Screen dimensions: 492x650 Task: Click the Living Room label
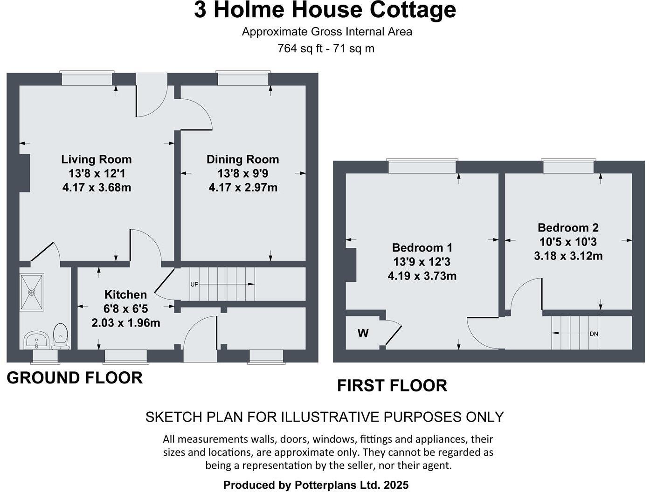coord(97,159)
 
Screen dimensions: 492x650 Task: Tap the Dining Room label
coord(242,159)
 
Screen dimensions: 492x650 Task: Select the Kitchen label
coord(125,294)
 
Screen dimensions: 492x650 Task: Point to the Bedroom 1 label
coord(422,247)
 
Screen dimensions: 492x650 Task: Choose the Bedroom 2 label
coord(568,228)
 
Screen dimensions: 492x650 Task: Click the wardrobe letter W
coord(363,333)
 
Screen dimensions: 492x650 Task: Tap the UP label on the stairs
coord(194,284)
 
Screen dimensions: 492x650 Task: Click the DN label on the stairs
coord(594,334)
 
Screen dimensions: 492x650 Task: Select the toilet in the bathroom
coord(61,336)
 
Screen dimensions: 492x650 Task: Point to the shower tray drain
coord(32,292)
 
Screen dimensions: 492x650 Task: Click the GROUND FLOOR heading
coord(75,378)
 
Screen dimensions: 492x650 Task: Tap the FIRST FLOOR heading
coord(392,386)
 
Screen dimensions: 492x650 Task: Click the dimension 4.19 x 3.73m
coord(422,276)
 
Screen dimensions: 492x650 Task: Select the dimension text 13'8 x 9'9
coord(242,173)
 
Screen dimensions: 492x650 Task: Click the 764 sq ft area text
coord(297,48)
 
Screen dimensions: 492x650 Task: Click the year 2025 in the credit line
coord(396,485)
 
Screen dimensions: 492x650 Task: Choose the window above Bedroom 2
coord(568,166)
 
